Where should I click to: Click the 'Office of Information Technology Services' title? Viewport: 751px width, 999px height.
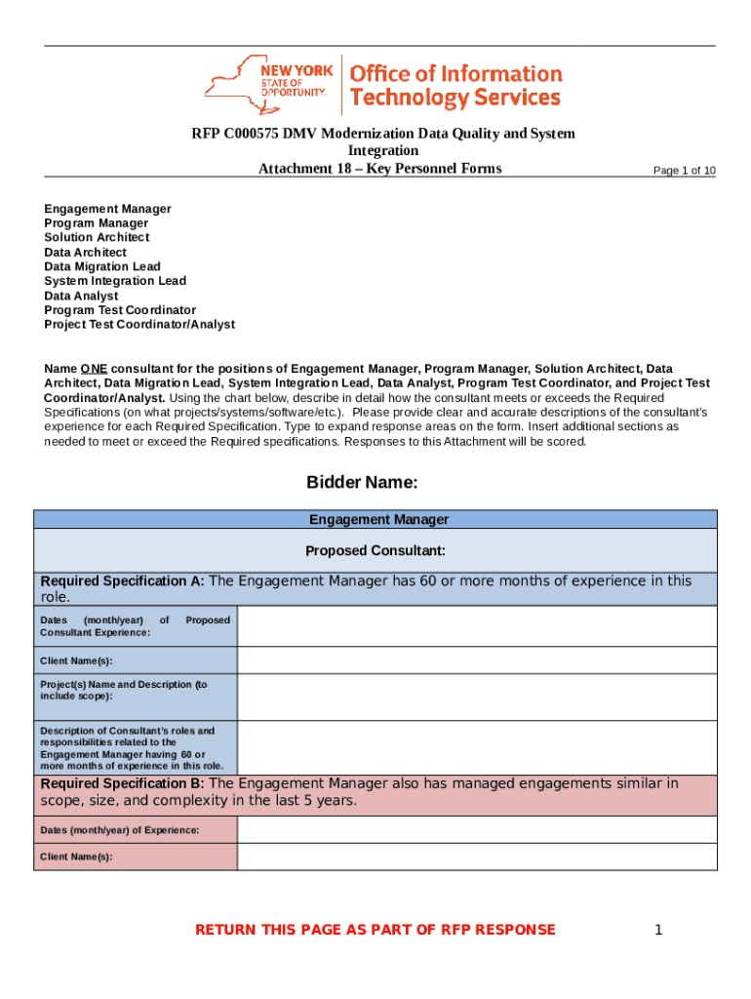(x=455, y=86)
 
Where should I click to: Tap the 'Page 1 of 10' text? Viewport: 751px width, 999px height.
(x=684, y=171)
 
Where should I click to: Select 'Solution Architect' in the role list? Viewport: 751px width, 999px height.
(x=97, y=237)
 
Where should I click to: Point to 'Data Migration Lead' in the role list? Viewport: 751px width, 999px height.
(x=102, y=266)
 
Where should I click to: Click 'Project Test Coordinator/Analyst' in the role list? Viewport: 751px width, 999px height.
(x=139, y=324)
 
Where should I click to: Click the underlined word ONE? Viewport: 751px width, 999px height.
(x=94, y=369)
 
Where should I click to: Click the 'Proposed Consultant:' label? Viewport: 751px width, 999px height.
(x=375, y=551)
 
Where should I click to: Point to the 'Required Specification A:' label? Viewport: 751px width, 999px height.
(x=122, y=581)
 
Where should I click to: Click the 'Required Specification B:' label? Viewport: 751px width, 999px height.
(x=122, y=783)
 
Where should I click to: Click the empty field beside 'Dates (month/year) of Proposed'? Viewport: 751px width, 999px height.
(x=476, y=626)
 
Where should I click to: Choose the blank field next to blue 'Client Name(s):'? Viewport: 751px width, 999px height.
(x=476, y=660)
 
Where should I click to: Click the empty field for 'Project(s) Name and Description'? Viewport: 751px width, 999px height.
(x=476, y=698)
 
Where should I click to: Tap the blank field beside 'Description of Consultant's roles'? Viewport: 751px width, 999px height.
(x=476, y=748)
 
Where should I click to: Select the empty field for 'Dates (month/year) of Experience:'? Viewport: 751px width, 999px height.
(x=476, y=830)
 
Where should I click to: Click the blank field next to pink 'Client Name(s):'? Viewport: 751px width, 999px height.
(x=476, y=857)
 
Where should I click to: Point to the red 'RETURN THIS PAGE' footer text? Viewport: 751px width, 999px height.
(x=375, y=930)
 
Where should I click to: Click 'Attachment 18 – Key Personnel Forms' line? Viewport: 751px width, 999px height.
(x=379, y=169)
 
